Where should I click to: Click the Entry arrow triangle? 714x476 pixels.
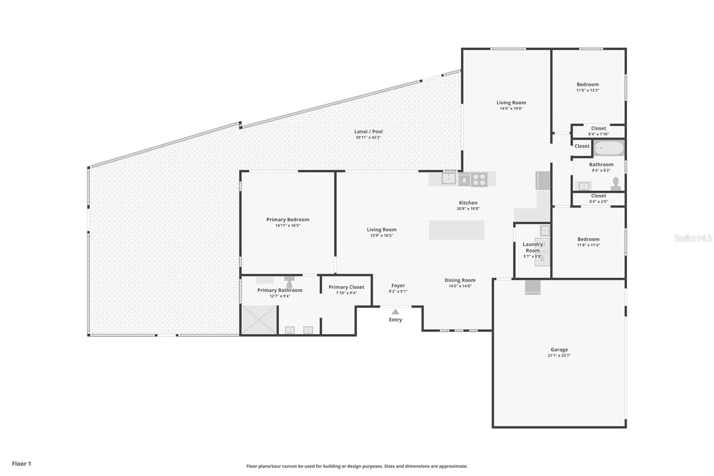coord(395,312)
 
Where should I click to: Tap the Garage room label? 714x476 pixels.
coord(559,350)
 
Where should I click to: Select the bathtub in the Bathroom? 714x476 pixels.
coord(609,148)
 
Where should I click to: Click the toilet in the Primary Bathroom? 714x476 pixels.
coord(290,282)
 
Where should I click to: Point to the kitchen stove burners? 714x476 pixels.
coord(479,180)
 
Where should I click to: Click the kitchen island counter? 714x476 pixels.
coord(457,230)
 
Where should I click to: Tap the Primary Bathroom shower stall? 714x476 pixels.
coord(259,320)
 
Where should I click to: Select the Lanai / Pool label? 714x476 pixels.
coord(369,131)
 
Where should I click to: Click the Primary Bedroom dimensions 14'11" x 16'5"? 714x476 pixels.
coord(288,225)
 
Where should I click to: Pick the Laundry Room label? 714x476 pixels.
coord(533,247)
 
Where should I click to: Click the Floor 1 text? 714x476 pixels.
coord(21,464)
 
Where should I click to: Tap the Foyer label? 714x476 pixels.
coord(398,285)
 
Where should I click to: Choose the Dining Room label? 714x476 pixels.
coord(460,280)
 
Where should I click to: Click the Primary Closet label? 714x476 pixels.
coord(346,287)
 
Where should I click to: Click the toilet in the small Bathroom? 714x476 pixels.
coord(616,184)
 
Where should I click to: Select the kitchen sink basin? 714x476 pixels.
coord(448,179)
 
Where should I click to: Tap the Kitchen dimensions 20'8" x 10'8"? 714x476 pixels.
coord(468,209)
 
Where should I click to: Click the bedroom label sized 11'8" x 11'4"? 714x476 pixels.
coord(588,239)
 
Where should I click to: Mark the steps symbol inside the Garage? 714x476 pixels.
coord(533,287)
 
